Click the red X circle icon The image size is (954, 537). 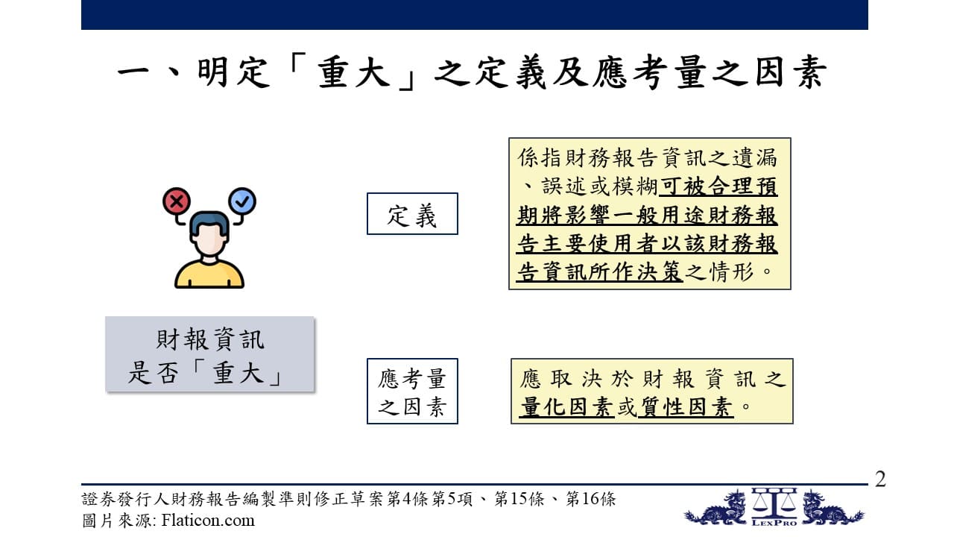coord(177,201)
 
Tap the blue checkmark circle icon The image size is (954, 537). coord(242,201)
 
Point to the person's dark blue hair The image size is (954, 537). coord(209,223)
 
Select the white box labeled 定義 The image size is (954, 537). coord(412,213)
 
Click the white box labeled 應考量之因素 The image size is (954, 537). coord(412,392)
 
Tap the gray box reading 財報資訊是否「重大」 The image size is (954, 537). coord(210,354)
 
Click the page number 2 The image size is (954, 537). coord(880,479)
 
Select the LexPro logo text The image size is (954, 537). coord(774,523)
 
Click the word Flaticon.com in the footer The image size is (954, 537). coord(208,521)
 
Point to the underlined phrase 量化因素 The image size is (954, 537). coord(567,406)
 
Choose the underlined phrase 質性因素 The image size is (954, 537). coord(685,406)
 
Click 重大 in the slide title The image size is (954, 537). coord(354,72)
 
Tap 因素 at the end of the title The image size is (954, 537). coord(791,72)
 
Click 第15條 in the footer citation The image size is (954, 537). coord(519,499)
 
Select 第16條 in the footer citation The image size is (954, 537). coord(590,499)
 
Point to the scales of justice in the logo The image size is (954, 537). coord(774,503)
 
